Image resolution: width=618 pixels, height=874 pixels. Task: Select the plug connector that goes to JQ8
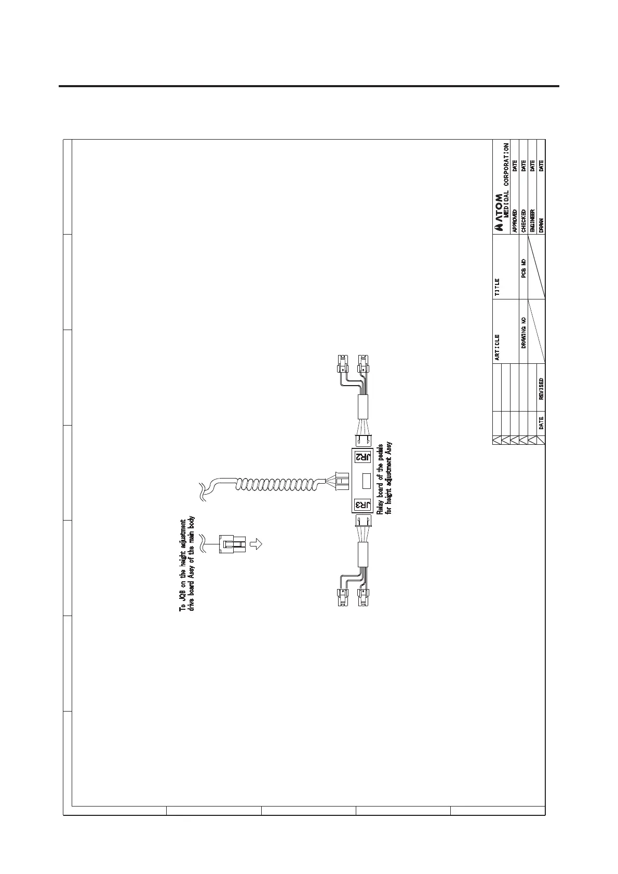pyautogui.click(x=231, y=544)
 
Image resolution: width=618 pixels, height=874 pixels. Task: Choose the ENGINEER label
pyautogui.click(x=532, y=220)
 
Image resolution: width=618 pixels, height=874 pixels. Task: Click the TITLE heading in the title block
pyautogui.click(x=498, y=286)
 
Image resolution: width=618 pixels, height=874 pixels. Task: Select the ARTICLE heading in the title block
pyautogui.click(x=498, y=347)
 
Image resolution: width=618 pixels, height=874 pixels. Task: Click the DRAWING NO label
pyautogui.click(x=523, y=332)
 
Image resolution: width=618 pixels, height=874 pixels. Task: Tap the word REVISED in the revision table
pyautogui.click(x=541, y=389)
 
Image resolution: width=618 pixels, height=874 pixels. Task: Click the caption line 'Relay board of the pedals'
pyautogui.click(x=380, y=479)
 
